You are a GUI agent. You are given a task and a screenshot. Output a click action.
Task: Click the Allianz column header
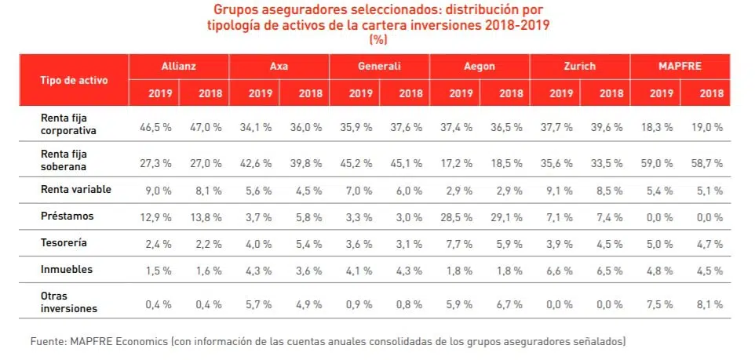pos(178,67)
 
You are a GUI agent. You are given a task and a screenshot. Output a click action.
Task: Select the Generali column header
pos(379,67)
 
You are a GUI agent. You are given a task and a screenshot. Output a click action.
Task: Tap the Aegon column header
pos(480,67)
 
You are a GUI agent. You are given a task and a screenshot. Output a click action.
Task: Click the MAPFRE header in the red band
pos(680,67)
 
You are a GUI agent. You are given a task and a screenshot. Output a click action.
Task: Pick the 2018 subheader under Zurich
pos(611,93)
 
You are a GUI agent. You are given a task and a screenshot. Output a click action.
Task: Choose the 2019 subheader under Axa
pos(261,93)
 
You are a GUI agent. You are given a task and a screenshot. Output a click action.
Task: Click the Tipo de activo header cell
pos(74,80)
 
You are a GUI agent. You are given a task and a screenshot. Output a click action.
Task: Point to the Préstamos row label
pos(67,216)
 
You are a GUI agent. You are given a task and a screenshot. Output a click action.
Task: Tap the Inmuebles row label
pos(67,269)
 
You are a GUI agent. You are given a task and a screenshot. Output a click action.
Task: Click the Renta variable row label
pos(76,189)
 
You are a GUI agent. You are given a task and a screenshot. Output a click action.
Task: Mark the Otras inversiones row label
pos(68,302)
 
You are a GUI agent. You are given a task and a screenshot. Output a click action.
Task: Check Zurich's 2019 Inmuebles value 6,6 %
pos(560,270)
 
